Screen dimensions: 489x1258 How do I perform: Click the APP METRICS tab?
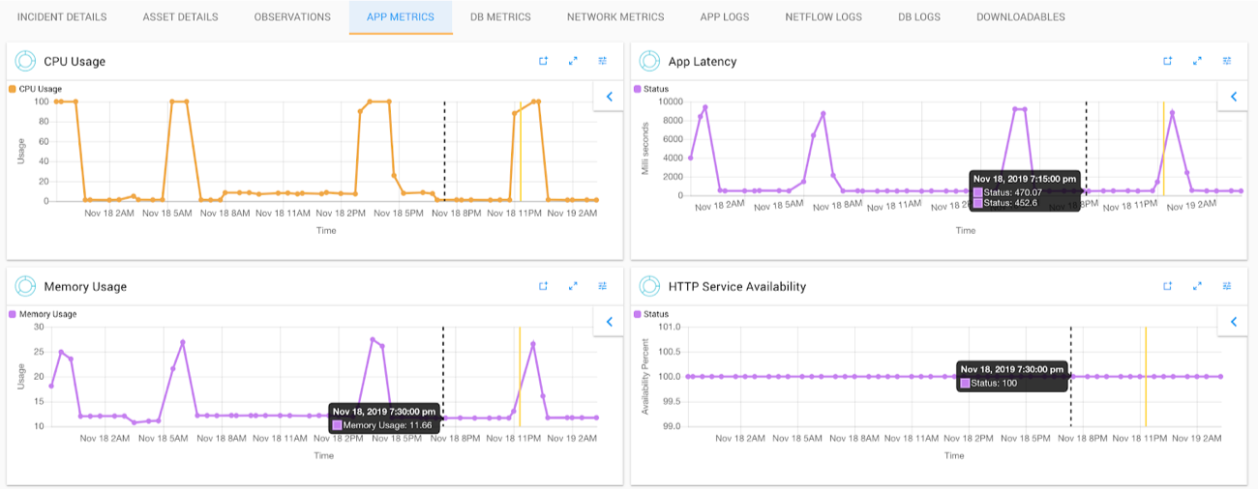[x=401, y=16]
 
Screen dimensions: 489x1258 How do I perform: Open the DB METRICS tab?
[x=500, y=16]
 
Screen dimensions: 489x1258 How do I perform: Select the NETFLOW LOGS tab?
[x=824, y=16]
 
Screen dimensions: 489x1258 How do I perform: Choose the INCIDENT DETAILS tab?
[x=62, y=16]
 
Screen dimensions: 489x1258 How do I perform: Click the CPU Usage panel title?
[x=75, y=61]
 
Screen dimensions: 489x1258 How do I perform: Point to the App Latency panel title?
[x=702, y=61]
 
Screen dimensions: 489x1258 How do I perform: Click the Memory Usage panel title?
[x=85, y=286]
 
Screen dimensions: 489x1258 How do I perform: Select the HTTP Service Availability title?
[x=736, y=286]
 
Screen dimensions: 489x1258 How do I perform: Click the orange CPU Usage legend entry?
[x=40, y=89]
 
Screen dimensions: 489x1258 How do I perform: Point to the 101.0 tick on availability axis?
[x=670, y=327]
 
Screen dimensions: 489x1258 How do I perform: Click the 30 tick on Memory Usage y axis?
[x=40, y=327]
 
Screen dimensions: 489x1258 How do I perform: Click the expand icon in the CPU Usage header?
[x=573, y=61]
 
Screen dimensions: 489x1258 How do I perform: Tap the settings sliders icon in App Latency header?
[x=1227, y=61]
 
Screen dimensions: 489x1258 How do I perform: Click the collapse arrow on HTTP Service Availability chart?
[x=1233, y=322]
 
